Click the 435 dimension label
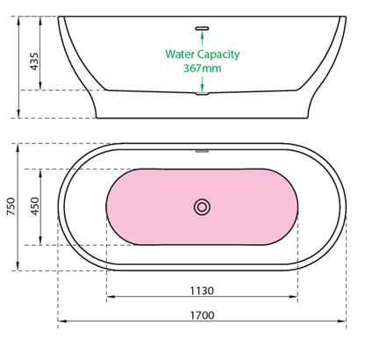point(34,61)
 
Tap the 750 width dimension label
point(11,206)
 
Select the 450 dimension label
point(34,206)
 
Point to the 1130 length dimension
point(202,291)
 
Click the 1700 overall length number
point(202,315)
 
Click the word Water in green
point(180,54)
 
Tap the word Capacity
point(218,54)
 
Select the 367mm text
point(203,68)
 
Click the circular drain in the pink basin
point(202,207)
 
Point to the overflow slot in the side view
point(202,28)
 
